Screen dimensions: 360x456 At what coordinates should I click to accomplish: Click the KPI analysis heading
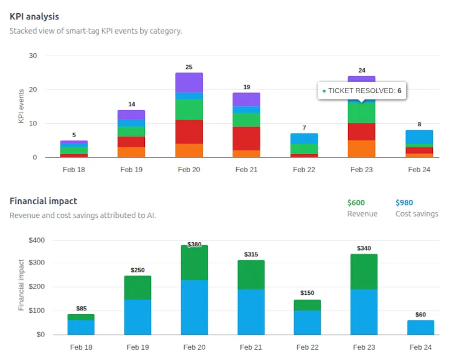point(34,17)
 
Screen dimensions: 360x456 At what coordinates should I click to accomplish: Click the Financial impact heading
point(43,201)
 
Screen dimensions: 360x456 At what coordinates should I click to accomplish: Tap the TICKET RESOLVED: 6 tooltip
point(361,91)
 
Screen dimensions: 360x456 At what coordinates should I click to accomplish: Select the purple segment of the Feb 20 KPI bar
point(189,82)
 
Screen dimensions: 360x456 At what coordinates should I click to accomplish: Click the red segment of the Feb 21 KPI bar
point(246,138)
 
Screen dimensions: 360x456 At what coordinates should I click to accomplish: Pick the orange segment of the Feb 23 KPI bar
point(361,149)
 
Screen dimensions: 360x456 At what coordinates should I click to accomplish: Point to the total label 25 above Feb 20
point(189,67)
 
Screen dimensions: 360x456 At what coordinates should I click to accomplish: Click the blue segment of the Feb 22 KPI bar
point(304,138)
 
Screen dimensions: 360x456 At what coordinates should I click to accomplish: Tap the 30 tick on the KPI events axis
point(33,56)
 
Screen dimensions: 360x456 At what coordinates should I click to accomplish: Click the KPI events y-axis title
point(21,106)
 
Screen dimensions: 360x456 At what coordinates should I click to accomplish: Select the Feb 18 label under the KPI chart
point(74,170)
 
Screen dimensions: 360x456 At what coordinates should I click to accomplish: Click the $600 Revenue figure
point(356,203)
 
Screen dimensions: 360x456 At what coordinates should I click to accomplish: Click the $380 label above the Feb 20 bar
point(194,245)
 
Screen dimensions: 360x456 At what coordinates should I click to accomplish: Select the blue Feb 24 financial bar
point(420,327)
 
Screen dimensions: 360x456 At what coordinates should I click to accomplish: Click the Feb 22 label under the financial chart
point(307,347)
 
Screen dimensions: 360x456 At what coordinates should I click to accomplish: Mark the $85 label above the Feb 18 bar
point(81,309)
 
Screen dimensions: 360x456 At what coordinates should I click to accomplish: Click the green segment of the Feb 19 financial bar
point(138,288)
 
